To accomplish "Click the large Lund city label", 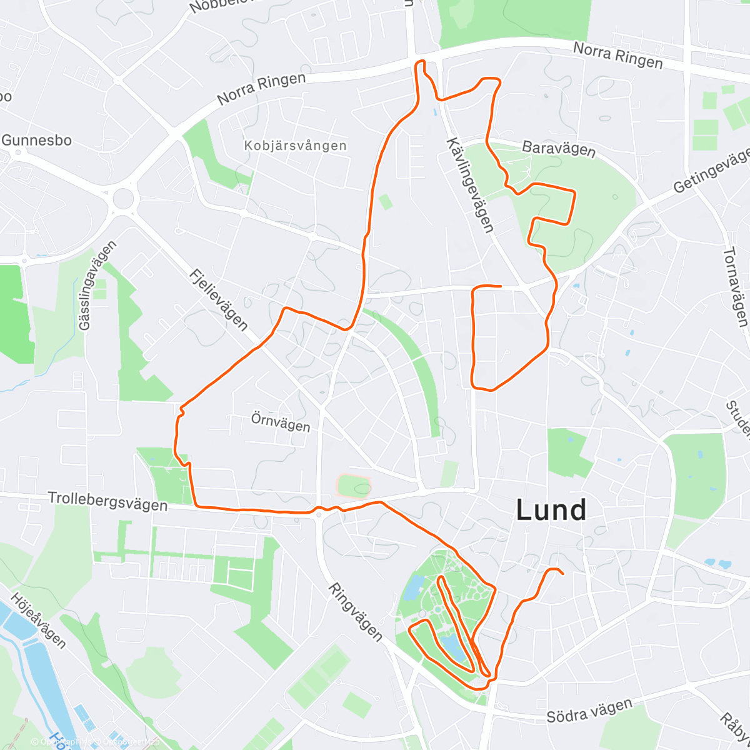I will (x=551, y=510).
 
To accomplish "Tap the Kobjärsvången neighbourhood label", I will (x=296, y=146).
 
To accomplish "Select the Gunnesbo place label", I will (x=36, y=140).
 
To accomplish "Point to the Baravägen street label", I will (x=558, y=149).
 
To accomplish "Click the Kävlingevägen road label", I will (x=470, y=185).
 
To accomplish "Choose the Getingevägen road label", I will (x=712, y=170).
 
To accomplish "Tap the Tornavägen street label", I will (x=735, y=287).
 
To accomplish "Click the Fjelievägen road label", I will (x=219, y=299).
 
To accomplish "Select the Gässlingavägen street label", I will (x=98, y=286).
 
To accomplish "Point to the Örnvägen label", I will (x=281, y=422).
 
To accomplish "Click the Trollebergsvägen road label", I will (x=107, y=501).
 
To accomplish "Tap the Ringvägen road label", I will (x=355, y=612).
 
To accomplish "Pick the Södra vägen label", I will (x=589, y=711).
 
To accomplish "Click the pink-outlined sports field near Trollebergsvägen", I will (x=354, y=486).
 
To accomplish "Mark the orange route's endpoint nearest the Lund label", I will (x=562, y=573).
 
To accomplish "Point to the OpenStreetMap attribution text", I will (x=129, y=742).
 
